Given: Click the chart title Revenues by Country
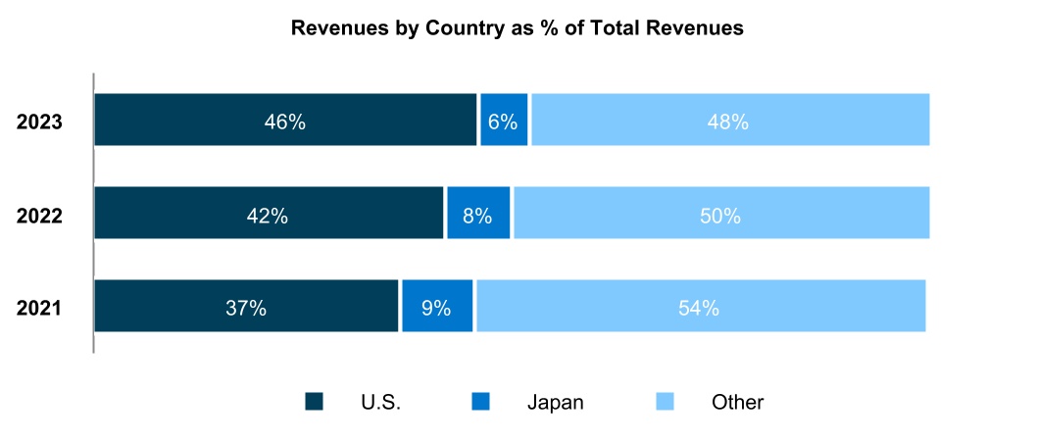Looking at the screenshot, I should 518,29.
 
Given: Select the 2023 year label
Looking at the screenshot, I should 39,122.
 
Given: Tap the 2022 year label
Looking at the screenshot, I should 39,216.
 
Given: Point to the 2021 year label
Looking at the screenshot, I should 39,308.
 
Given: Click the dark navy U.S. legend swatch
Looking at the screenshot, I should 314,401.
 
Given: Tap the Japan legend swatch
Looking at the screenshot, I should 480,401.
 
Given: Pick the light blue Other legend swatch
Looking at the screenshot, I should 665,401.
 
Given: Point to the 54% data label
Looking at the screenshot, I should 699,308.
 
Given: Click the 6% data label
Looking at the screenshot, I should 503,122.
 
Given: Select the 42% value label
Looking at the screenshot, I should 268,216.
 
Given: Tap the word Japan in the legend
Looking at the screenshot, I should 555,402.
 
